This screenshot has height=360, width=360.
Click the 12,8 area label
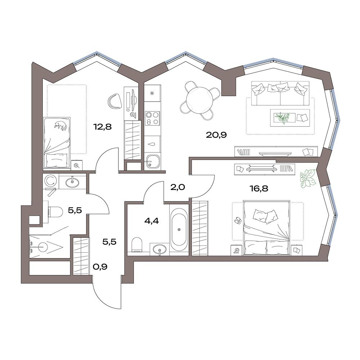[x=102, y=126]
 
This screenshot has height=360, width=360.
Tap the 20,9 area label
[x=216, y=135]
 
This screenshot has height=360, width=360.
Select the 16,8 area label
[x=259, y=189]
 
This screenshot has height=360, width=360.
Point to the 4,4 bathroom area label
[x=152, y=221]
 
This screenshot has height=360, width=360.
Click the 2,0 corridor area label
[x=177, y=187]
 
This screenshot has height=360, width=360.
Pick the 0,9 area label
[x=100, y=267]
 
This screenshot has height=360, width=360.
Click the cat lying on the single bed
[x=60, y=125]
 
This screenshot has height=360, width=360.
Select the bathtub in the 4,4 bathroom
[x=179, y=230]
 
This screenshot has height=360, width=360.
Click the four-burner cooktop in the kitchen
[x=152, y=118]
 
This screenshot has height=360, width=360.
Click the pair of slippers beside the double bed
[x=238, y=220]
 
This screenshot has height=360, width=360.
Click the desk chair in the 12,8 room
[x=114, y=102]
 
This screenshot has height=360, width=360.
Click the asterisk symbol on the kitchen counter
[x=152, y=93]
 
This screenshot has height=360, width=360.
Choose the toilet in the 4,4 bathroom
[x=137, y=245]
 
